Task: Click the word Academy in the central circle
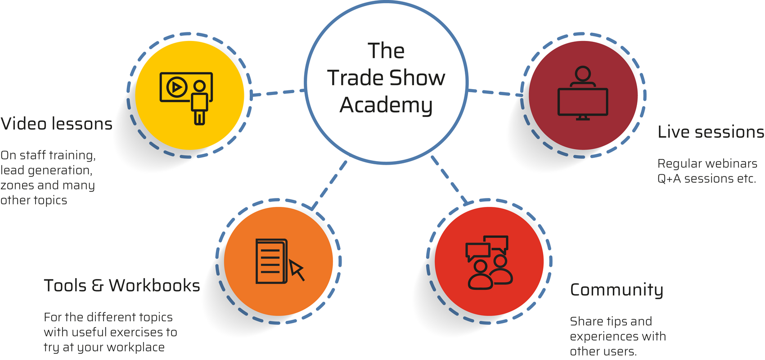(x=386, y=105)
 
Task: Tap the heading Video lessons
(x=57, y=124)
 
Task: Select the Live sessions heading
(x=711, y=132)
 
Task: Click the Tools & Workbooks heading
(x=122, y=286)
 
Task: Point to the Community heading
(x=616, y=290)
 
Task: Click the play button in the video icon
(x=177, y=87)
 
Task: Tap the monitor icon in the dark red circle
(x=583, y=102)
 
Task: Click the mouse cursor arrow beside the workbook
(x=297, y=269)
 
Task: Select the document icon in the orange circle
(x=271, y=261)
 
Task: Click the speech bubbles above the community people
(x=487, y=247)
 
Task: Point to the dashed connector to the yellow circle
(x=278, y=92)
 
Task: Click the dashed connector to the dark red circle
(x=495, y=93)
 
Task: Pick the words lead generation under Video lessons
(x=46, y=170)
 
